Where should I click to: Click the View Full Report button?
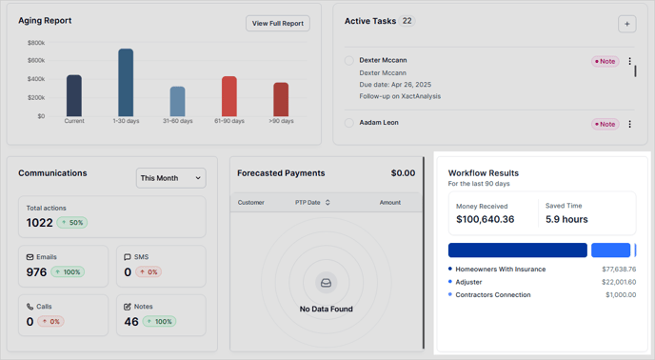277,23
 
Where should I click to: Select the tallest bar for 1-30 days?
126,83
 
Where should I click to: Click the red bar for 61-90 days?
228,96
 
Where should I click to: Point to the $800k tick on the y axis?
35,43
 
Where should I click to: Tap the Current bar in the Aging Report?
74,95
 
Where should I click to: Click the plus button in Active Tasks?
626,24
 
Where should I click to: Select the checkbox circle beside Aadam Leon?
349,123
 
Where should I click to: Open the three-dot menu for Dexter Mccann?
629,62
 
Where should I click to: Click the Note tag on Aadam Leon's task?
605,124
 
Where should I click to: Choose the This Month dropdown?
171,178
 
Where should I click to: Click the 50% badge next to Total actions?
71,223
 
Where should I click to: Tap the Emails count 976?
36,271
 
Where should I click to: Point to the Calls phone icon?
30,307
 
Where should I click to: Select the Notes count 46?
132,322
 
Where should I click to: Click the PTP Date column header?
312,203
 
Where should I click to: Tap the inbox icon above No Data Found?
326,283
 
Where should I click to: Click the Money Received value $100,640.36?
486,219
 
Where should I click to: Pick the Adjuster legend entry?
468,282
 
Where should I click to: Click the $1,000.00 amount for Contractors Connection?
620,295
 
